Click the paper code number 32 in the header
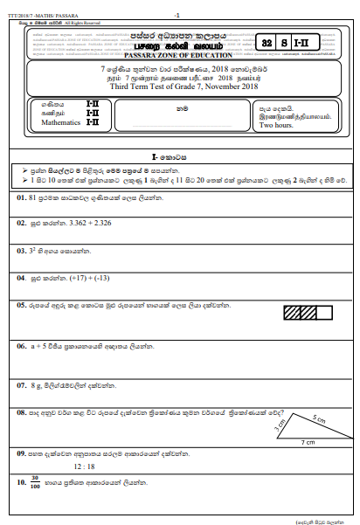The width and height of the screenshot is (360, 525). tap(268, 42)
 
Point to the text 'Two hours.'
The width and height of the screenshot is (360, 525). tap(278, 125)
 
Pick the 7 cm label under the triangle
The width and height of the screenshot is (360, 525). tap(308, 444)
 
